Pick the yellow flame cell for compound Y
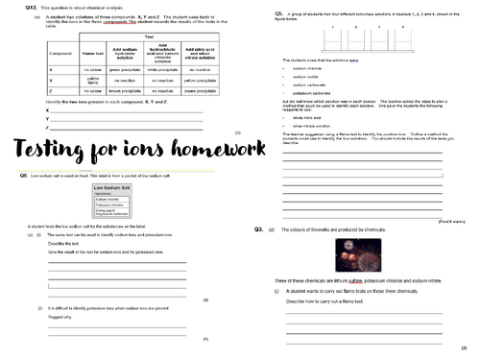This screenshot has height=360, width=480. [x=93, y=82]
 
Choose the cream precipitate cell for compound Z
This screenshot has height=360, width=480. [x=203, y=94]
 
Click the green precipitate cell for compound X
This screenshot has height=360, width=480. [x=126, y=70]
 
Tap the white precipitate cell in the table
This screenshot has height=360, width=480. [x=164, y=70]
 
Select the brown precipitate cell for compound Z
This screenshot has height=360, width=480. [x=126, y=94]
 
